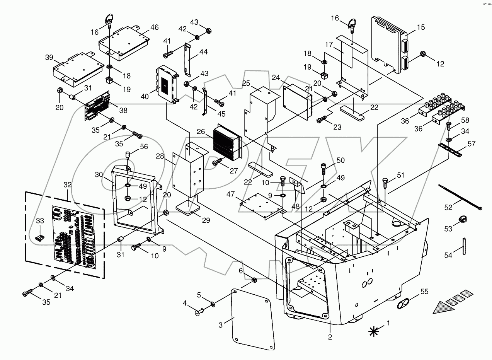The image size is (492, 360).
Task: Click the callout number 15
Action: point(421,27)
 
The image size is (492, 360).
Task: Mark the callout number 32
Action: point(68,185)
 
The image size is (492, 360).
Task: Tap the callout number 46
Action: point(154,27)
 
